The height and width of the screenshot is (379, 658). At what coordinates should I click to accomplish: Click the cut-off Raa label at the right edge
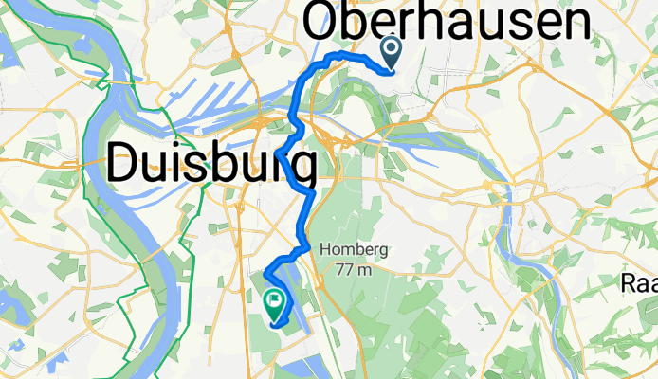coord(641,283)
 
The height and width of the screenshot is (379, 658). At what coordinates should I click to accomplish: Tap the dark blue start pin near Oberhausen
coord(390,53)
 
